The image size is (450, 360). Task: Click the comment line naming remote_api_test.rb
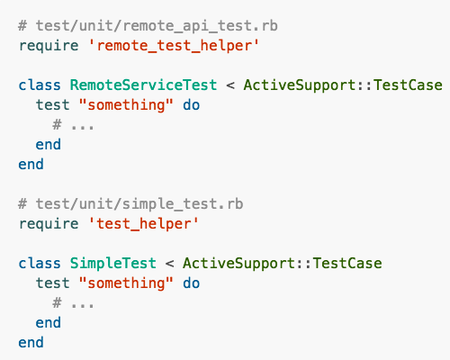coord(148,26)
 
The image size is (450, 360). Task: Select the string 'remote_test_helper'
coord(174,46)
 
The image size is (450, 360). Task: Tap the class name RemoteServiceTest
coord(143,85)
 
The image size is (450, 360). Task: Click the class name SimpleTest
coord(113,263)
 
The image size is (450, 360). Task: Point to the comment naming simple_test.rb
coord(130,204)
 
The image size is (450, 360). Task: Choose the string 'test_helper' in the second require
coord(144,224)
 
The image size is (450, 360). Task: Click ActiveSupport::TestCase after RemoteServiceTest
coord(343,85)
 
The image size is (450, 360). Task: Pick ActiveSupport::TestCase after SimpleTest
coord(283,263)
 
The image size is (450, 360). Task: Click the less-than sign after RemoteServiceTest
coord(230,85)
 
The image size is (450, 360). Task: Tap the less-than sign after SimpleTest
coord(169,264)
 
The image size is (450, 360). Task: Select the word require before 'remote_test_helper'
coord(49,46)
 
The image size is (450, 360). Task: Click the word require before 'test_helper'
coord(49,224)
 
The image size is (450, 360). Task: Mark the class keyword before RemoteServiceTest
coord(40,85)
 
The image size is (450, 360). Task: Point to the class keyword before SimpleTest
coord(40,263)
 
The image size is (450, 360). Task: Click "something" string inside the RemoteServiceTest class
coord(126,105)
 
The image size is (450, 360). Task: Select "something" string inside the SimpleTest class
coord(126,283)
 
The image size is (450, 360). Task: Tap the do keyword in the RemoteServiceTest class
coord(192,105)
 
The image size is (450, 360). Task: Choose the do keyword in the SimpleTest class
coord(192,283)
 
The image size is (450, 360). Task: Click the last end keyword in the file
coord(31,342)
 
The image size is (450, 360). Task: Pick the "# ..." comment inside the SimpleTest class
coord(73,303)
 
